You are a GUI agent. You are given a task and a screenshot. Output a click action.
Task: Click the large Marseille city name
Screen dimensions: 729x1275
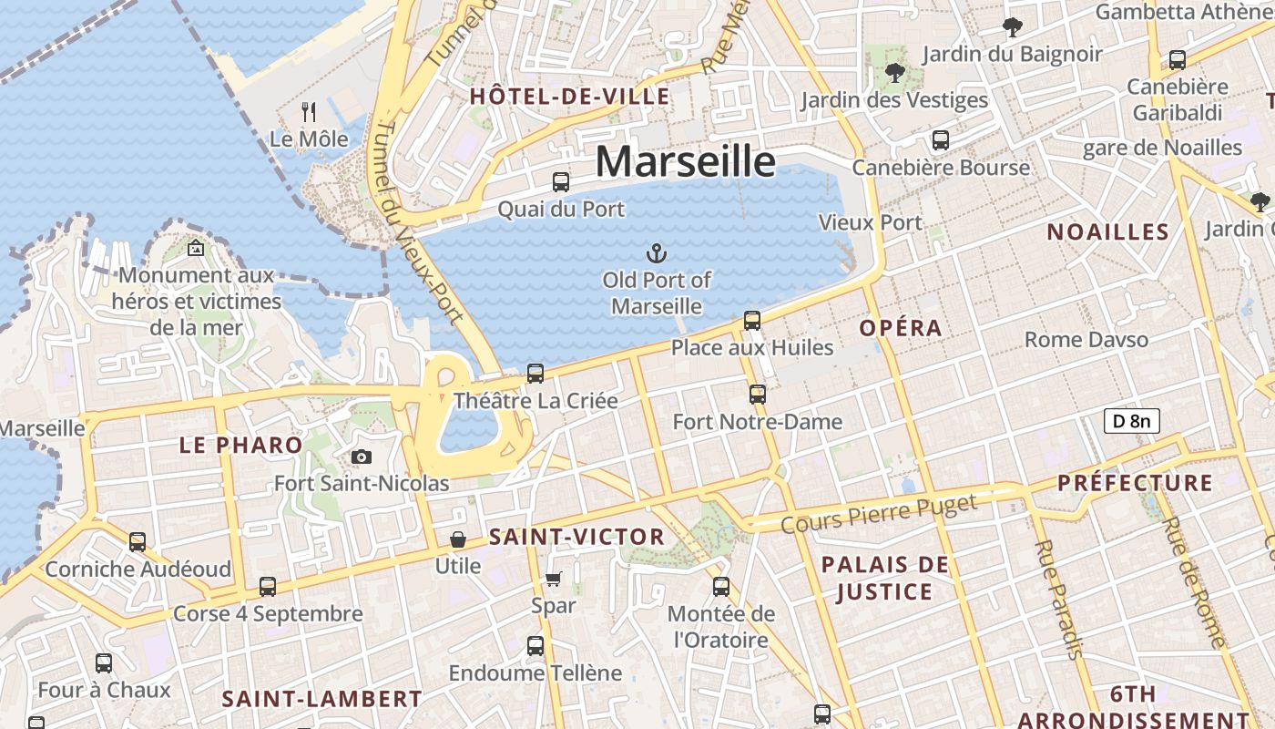[685, 162]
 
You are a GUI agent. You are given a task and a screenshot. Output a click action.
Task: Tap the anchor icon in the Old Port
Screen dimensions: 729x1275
[656, 252]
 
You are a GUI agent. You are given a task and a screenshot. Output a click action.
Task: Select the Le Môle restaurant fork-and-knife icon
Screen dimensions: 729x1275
[309, 112]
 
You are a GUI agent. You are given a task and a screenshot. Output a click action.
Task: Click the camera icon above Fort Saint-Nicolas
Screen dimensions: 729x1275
[362, 457]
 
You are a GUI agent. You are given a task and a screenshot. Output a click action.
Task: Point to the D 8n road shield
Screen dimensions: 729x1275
[1131, 421]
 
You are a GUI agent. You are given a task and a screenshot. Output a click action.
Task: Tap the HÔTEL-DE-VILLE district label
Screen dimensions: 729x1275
[569, 97]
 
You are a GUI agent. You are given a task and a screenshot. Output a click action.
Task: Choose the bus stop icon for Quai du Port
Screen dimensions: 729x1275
[561, 182]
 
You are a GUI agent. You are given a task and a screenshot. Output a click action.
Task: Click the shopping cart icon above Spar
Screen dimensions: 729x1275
[554, 579]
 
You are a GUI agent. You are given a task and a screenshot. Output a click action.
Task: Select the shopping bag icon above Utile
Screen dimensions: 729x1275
[457, 539]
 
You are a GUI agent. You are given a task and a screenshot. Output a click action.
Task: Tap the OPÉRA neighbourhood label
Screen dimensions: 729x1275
[900, 328]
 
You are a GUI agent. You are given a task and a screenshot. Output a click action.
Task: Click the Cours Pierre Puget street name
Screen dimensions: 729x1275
[879, 513]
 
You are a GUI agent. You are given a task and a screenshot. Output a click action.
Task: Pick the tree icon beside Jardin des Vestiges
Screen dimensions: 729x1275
[894, 73]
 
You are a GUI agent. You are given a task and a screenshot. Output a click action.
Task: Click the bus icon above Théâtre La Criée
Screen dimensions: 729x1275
[535, 373]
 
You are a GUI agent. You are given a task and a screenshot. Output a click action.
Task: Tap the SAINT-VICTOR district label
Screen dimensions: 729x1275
[576, 537]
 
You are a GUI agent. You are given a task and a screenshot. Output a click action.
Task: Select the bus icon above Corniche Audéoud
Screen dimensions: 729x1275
[138, 542]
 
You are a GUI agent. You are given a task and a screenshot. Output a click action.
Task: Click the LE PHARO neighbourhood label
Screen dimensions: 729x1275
[240, 445]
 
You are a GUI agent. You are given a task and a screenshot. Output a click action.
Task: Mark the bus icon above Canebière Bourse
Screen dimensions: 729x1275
[941, 140]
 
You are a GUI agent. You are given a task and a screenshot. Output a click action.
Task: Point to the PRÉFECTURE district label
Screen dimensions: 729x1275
[1135, 483]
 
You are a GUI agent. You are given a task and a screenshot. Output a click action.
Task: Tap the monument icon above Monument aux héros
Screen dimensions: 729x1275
[196, 247]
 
